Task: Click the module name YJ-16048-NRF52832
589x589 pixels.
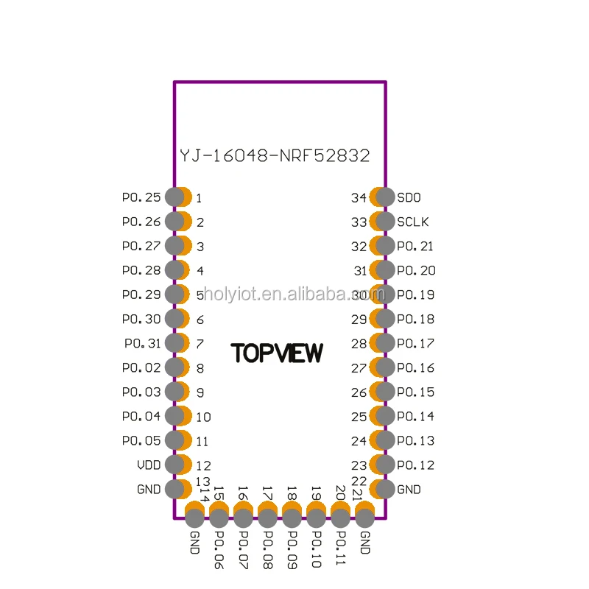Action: tap(275, 156)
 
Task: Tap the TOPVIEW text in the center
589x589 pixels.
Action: tap(277, 353)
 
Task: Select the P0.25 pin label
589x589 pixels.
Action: tap(141, 197)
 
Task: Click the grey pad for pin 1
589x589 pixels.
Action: tap(174, 197)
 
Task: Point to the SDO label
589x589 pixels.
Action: tap(409, 197)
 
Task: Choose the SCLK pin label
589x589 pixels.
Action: tap(412, 222)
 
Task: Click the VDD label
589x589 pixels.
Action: tap(149, 465)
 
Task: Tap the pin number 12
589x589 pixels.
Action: tap(204, 465)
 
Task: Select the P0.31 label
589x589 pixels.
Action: tap(142, 343)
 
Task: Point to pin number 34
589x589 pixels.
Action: tap(359, 197)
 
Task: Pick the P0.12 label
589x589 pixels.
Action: tap(415, 465)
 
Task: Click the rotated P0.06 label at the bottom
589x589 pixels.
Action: tap(219, 549)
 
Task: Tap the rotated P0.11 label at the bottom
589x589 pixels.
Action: tap(340, 549)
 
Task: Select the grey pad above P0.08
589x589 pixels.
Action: tap(267, 518)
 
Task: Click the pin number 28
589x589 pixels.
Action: tap(359, 343)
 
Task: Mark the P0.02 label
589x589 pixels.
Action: tap(141, 367)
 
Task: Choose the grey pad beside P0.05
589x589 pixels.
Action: tap(174, 440)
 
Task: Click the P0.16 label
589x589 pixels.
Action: tap(415, 367)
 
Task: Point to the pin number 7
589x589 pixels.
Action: tap(200, 344)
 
